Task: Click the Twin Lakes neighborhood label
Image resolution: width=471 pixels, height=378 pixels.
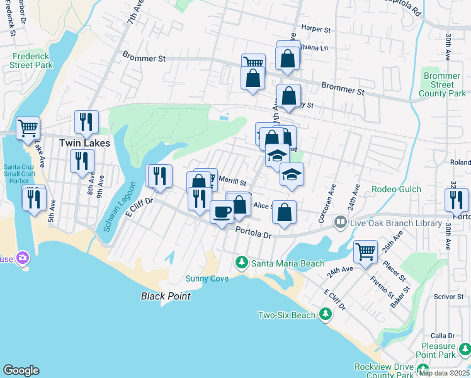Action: pos(84,143)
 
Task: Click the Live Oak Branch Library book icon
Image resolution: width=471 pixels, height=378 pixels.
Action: pos(341,221)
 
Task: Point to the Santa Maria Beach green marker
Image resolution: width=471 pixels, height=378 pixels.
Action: pos(240,261)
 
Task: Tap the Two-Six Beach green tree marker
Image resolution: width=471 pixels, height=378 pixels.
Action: pos(325,314)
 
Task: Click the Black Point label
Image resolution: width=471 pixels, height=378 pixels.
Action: pos(165,296)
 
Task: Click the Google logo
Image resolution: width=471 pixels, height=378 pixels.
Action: pos(21,370)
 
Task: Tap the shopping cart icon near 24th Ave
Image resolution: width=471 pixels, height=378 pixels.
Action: pos(365,251)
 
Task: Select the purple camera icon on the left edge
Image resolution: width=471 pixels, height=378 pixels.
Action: pos(23,258)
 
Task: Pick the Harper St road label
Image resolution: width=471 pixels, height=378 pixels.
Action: pos(316,29)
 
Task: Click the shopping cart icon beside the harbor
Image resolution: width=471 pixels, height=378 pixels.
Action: pos(28,128)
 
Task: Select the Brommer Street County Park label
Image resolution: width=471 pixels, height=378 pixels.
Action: pos(443,84)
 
